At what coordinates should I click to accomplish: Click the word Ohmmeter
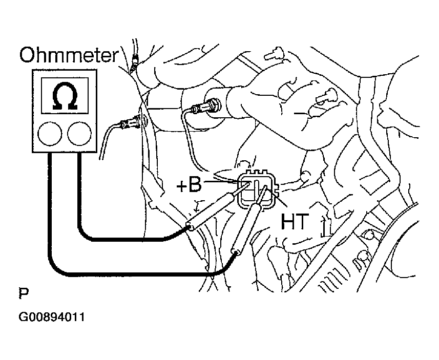pos(69,55)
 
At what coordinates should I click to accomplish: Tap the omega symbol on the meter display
pos(65,96)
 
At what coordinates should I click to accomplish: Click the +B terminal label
pos(190,185)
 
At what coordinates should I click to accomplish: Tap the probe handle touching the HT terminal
pos(245,228)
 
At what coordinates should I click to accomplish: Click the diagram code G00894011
pos(52,317)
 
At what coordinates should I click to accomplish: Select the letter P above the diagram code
pos(24,293)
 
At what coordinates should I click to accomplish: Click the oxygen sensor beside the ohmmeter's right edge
pos(131,122)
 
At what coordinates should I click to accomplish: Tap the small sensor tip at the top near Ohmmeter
pos(134,58)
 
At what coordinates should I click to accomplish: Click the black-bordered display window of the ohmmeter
pos(65,96)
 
